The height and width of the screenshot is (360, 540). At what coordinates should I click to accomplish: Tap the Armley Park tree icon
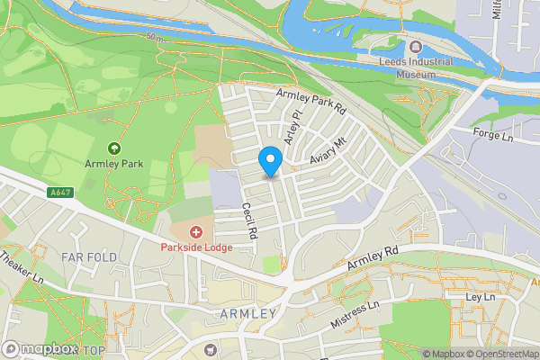113,148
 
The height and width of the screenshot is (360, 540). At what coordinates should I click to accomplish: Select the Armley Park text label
113,164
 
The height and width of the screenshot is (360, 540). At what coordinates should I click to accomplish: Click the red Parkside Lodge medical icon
196,233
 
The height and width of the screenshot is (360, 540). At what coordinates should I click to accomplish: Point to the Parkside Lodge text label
196,247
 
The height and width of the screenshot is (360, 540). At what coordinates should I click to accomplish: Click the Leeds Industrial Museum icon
415,47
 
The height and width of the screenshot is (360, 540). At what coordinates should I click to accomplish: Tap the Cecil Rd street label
248,220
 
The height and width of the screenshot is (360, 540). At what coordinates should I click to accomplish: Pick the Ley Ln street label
481,297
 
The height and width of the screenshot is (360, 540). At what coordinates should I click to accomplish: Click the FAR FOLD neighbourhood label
89,257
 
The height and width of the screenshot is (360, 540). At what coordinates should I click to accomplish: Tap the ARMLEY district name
247,313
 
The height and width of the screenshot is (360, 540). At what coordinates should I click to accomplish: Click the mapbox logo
40,349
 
